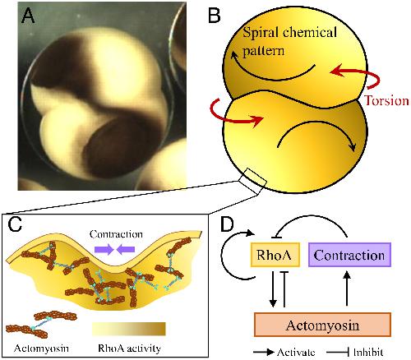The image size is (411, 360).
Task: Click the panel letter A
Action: pyautogui.click(x=28, y=16)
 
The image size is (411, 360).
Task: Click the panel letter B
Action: pyautogui.click(x=214, y=15)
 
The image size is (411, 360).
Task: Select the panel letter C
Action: pyautogui.click(x=15, y=224)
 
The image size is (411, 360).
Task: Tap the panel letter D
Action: pyautogui.click(x=227, y=224)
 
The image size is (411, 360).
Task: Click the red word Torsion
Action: pyautogui.click(x=386, y=100)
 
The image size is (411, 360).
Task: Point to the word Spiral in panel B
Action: pyautogui.click(x=261, y=33)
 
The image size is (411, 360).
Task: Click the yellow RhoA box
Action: pyautogui.click(x=275, y=255)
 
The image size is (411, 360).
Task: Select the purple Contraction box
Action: pyautogui.click(x=349, y=255)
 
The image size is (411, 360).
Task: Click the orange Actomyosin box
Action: pyautogui.click(x=322, y=325)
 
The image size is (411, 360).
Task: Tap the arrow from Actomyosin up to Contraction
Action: pyautogui.click(x=347, y=288)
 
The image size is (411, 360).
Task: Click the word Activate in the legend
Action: pyautogui.click(x=296, y=352)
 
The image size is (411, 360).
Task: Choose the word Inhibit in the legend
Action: pyautogui.click(x=368, y=352)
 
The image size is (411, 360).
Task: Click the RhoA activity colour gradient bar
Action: pyautogui.click(x=129, y=329)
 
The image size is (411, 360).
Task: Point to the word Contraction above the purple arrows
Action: pyautogui.click(x=116, y=234)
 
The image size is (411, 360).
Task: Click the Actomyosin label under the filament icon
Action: pyautogui.click(x=41, y=348)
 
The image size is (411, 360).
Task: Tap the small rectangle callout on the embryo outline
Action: pyautogui.click(x=252, y=181)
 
